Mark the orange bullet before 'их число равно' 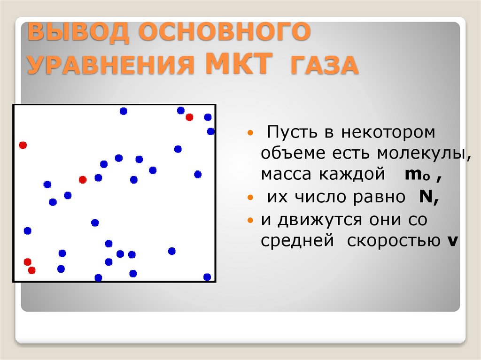250,198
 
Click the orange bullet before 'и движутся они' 250,220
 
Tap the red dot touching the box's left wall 23,145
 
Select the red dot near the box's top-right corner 189,117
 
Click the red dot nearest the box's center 83,179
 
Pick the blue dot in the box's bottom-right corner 207,277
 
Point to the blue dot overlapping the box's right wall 211,131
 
